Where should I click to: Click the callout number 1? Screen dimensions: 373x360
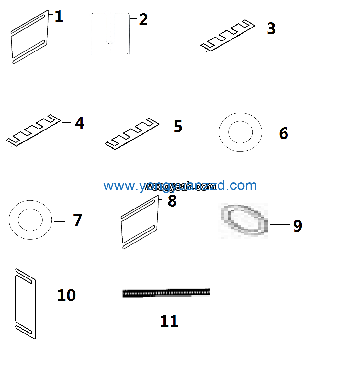[x=59, y=17]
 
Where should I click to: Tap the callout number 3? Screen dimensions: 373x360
[x=271, y=28]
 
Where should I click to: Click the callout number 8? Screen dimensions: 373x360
[x=172, y=200]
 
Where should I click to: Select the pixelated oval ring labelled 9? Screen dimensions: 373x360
[x=244, y=220]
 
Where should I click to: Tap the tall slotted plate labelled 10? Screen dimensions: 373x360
[x=26, y=303]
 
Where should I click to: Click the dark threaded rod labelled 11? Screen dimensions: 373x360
[x=166, y=293]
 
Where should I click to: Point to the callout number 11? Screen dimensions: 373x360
[x=169, y=321]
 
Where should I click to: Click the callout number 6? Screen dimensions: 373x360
[x=284, y=133]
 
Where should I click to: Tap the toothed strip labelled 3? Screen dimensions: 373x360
[x=227, y=36]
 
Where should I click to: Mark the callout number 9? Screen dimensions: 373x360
[x=298, y=226]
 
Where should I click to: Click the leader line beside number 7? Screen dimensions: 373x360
[x=59, y=221]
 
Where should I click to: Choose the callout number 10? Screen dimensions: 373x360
[x=66, y=295]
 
